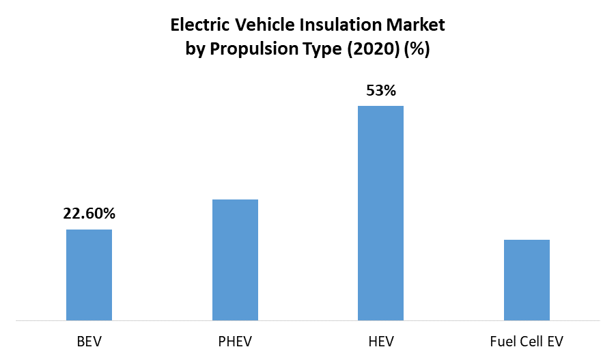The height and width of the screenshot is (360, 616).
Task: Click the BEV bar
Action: [x=89, y=275]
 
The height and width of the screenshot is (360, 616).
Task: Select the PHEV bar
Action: [x=235, y=260]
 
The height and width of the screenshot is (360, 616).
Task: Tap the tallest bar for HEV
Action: [x=380, y=212]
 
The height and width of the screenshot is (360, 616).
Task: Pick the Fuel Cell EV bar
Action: [x=527, y=279]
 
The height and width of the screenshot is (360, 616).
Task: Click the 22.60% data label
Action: [x=89, y=213]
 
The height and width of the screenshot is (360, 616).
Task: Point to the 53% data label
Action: [x=380, y=89]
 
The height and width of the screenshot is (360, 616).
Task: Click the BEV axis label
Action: [x=89, y=340]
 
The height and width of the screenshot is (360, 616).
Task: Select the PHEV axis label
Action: [x=235, y=340]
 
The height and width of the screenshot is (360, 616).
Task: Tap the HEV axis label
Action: [x=380, y=340]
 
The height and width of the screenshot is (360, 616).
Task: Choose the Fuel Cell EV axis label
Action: [x=527, y=340]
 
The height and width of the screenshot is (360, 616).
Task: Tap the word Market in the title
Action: [x=416, y=26]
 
